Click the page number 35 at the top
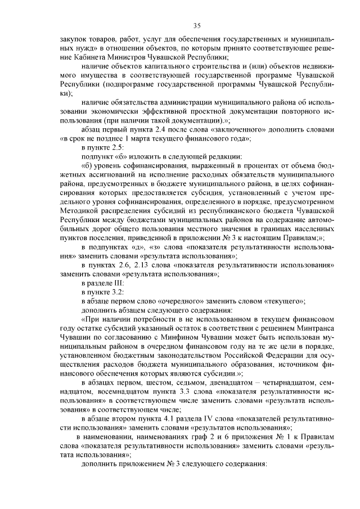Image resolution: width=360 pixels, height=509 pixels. [197, 25]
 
